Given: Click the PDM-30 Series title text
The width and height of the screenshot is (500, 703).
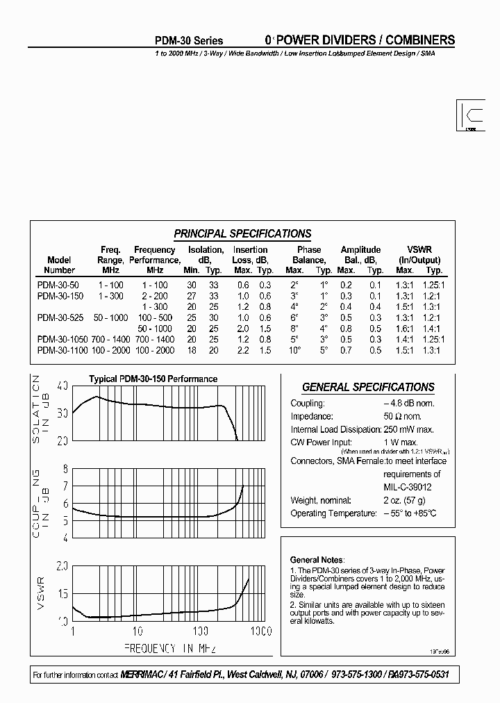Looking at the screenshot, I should pos(189,41).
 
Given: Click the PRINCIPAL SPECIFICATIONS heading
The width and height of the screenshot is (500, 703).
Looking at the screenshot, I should pos(242,234).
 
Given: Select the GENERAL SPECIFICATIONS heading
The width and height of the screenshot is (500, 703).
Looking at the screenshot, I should pos(368,387).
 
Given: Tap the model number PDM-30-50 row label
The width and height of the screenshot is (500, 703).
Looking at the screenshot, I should pos(58,285).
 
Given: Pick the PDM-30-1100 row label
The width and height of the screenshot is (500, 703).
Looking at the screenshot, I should pos(62,350).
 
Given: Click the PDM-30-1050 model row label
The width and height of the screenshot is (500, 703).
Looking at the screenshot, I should pos(62,339).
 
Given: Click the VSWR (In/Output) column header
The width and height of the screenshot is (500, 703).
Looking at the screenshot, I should pos(419,254).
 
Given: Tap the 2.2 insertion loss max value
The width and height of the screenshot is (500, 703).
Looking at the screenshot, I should pos(242,350).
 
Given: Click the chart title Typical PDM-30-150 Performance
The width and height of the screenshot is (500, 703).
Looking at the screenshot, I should pos(153,379).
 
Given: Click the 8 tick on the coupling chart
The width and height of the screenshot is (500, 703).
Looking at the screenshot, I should pos(65,469).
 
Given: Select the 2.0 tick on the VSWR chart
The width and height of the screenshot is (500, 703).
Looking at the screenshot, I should pos(62,566).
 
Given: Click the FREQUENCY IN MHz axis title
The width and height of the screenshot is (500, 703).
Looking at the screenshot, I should pos(170,649).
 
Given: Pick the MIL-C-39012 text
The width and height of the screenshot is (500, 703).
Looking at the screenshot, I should pos(407,487).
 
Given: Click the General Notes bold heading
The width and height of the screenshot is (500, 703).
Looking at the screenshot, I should pos(315,559).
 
